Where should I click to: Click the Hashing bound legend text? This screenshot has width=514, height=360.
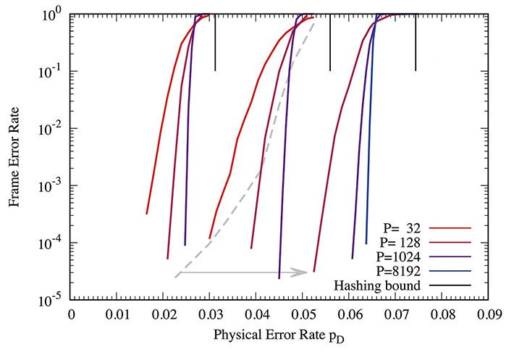[381, 285]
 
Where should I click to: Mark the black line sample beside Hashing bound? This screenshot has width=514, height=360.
[453, 285]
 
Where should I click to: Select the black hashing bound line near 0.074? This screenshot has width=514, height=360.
[416, 43]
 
